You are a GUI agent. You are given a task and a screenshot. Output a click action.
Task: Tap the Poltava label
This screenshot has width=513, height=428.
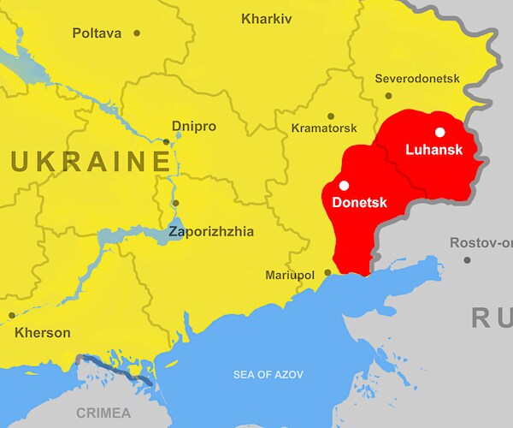(98, 33)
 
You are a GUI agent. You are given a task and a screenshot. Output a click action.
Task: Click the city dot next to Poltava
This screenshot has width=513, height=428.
(137, 33)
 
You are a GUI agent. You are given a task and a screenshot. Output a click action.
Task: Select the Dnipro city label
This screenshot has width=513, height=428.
(194, 127)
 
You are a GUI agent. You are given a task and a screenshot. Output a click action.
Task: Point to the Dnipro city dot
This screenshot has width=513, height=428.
(167, 141)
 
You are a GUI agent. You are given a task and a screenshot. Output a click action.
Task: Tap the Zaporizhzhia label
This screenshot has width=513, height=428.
(211, 231)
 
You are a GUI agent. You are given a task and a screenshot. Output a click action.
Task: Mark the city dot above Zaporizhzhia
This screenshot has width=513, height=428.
(175, 203)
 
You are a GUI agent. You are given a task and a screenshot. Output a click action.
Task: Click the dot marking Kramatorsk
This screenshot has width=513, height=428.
(331, 116)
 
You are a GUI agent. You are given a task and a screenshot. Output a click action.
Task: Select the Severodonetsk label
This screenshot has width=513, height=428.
(417, 79)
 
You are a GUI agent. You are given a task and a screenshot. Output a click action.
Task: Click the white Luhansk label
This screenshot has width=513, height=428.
(434, 150)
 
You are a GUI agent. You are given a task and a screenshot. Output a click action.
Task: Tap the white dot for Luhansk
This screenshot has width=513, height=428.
(439, 132)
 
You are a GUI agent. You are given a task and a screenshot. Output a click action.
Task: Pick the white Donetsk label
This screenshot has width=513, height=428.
(359, 203)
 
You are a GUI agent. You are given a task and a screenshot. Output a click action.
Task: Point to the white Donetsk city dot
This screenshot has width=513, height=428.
(344, 184)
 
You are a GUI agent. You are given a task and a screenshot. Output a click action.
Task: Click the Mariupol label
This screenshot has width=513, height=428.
(289, 275)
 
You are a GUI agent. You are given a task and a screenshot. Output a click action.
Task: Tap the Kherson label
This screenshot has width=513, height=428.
(42, 332)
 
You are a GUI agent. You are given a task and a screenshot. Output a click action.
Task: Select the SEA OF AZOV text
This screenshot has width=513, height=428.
(268, 374)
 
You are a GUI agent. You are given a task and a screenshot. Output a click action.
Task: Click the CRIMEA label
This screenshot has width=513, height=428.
(103, 413)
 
